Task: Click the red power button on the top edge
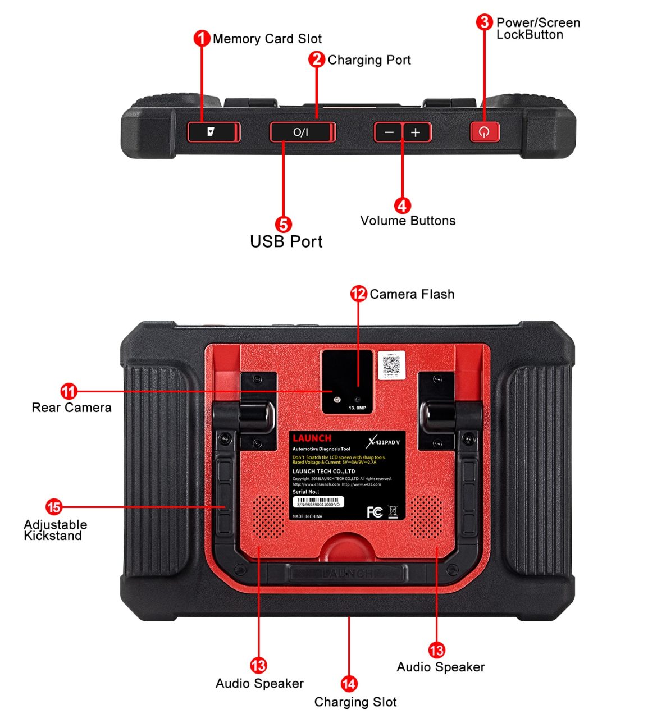click(484, 132)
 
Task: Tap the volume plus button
click(416, 132)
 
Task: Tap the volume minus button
click(389, 132)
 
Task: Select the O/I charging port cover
click(302, 132)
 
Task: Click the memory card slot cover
click(213, 132)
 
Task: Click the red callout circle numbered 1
click(202, 39)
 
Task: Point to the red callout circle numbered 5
click(284, 225)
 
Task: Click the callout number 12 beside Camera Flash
click(358, 294)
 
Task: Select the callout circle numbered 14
click(349, 684)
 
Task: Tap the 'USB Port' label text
click(286, 242)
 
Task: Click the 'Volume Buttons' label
click(408, 221)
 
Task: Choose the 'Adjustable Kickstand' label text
click(55, 530)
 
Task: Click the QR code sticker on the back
click(391, 365)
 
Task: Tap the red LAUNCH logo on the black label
click(312, 438)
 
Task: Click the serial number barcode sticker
click(318, 502)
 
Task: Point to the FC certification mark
click(375, 511)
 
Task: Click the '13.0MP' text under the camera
click(357, 408)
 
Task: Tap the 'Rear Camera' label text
click(71, 408)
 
